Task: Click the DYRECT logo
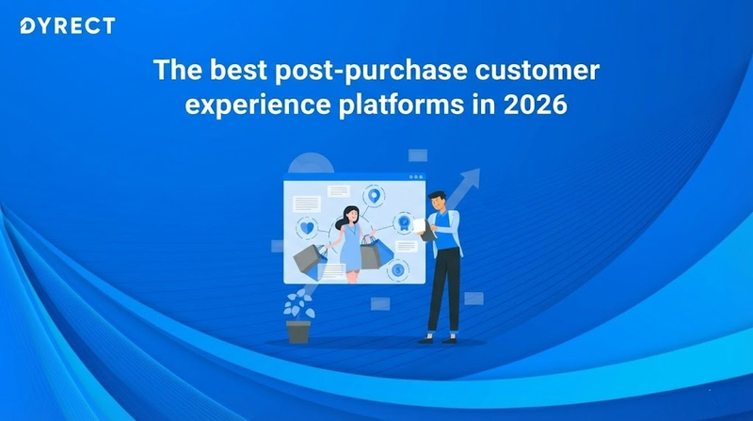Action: point(67,25)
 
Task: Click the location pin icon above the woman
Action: point(376,197)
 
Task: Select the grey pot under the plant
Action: point(298,331)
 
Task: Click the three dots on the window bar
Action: point(415,176)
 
